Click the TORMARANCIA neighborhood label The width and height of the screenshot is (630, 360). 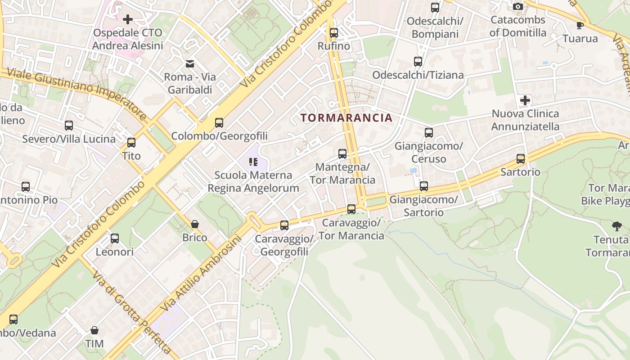coord(346,118)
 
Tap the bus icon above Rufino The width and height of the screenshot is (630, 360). coord(333,33)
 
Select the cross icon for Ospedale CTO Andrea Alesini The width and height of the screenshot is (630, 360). coord(128,19)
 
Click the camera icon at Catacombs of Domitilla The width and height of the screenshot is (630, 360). coord(518,6)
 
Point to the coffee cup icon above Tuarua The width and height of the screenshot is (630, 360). coord(580,25)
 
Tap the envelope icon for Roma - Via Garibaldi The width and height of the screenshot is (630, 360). coord(190,64)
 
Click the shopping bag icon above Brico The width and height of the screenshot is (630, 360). coord(195,224)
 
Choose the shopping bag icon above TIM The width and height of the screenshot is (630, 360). coord(94,331)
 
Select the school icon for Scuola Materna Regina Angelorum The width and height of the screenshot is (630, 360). coord(253,162)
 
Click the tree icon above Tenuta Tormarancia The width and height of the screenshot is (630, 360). coord(617,226)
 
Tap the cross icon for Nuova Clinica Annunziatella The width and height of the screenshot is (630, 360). coord(525,100)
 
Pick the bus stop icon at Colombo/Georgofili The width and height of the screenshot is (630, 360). coord(219,123)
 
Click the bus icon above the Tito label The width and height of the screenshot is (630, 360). coord(131,143)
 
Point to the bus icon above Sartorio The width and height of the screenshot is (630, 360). coord(521,159)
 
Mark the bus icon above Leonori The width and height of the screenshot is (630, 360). coord(115,238)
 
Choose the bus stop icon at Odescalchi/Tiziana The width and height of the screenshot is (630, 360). coord(418,62)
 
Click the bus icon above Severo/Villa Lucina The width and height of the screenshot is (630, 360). coord(69,126)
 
